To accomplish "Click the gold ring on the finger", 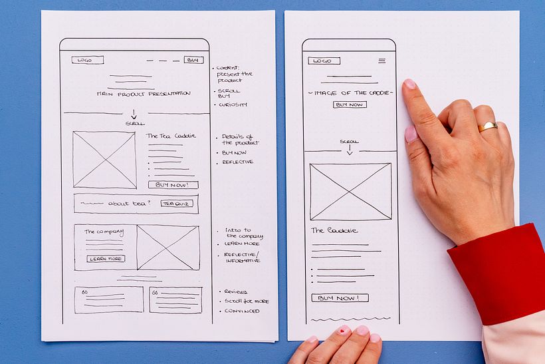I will click(x=487, y=126).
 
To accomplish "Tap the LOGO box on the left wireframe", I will click(x=88, y=60).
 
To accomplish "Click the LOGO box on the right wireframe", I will click(x=324, y=61).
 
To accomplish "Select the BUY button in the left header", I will click(x=193, y=60).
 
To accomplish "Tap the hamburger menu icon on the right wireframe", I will click(x=382, y=61).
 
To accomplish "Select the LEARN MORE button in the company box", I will click(x=106, y=259).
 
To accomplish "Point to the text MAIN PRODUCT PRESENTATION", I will click(x=144, y=94).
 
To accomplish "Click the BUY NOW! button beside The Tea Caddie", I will click(x=173, y=185).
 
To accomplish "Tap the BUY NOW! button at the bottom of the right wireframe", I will click(x=340, y=298).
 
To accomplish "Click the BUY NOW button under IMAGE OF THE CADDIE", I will click(x=350, y=104).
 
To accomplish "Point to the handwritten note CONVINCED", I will click(x=242, y=311).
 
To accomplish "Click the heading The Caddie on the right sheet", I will click(x=334, y=230).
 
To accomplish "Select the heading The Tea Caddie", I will click(x=171, y=136).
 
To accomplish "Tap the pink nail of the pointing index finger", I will click(x=409, y=84).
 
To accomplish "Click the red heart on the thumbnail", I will click(x=344, y=330).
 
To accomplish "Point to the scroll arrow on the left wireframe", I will click(x=134, y=114).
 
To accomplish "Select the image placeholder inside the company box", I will click(x=168, y=248).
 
